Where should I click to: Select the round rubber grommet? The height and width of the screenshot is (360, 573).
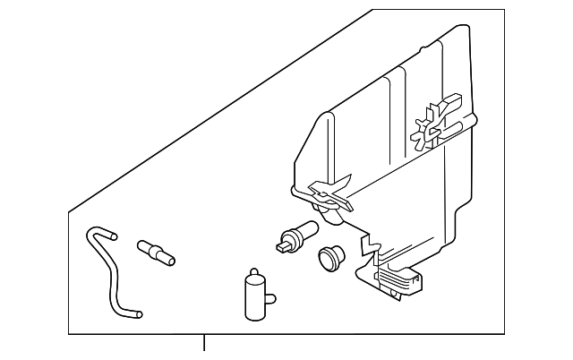click(331, 258)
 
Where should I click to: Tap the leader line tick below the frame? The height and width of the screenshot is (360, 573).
click(205, 343)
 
